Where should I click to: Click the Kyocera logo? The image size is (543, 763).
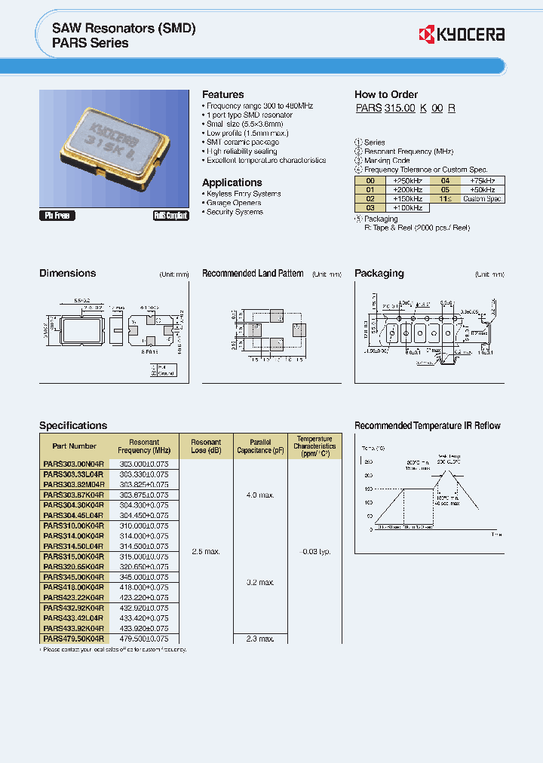pos(461,35)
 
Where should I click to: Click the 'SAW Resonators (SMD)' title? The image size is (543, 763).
pos(124,28)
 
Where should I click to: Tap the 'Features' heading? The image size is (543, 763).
pos(222,94)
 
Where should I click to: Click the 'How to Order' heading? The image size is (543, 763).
pos(385,94)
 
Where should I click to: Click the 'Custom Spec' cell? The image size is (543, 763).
pos(482,198)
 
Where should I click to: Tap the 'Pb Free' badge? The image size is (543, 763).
pos(57,216)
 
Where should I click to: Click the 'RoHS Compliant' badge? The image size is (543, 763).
pos(170,216)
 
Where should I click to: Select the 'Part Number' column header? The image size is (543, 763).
pos(74,446)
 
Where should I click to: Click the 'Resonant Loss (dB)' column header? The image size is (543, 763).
pos(206,446)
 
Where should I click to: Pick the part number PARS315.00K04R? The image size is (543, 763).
pos(74,556)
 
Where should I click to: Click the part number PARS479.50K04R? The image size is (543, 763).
pos(74,638)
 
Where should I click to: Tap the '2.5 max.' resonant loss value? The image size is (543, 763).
pos(206,551)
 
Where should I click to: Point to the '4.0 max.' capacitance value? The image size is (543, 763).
pos(260,495)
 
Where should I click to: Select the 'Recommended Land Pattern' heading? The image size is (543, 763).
pos(253,274)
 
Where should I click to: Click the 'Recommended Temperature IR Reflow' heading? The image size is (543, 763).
pos(427,426)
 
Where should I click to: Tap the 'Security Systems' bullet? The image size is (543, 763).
pos(235,212)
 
